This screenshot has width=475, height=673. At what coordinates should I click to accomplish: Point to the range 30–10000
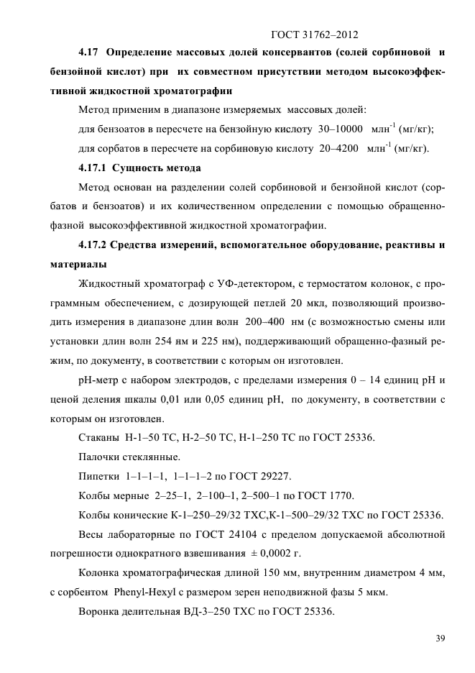point(336,129)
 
